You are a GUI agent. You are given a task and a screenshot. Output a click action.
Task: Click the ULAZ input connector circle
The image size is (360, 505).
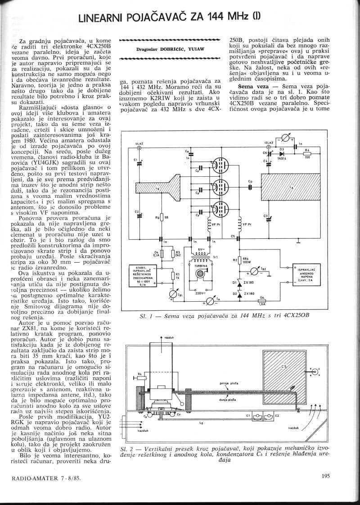139,147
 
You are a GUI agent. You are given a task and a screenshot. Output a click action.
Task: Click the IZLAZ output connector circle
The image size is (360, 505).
269,147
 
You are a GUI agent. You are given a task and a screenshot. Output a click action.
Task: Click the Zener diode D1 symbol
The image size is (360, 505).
233,282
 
